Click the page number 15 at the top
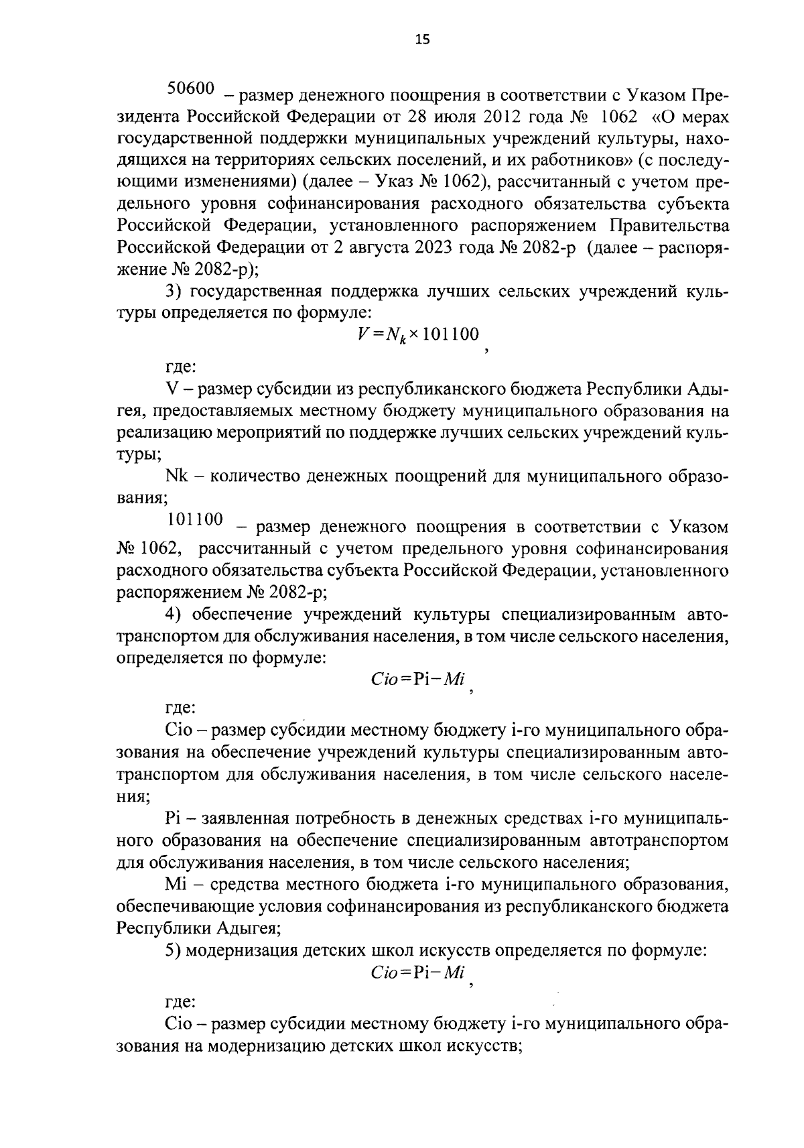tap(422, 40)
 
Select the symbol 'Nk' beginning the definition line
tap(176, 476)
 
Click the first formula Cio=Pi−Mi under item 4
tap(418, 679)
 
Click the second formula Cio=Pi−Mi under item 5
tap(418, 972)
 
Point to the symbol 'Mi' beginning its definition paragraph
tap(174, 884)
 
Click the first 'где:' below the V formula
tap(180, 367)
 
